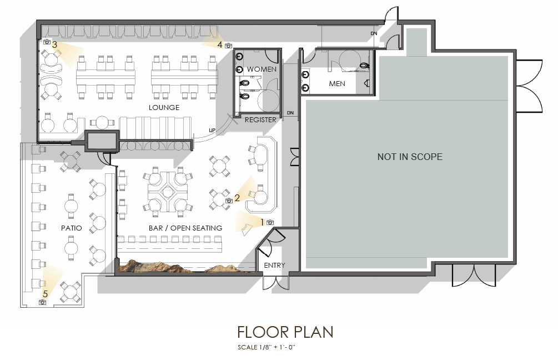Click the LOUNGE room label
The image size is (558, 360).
(x=164, y=107)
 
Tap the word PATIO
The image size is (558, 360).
(x=71, y=228)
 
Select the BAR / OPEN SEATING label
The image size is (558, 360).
(x=185, y=228)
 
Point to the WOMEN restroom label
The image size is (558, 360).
(x=262, y=69)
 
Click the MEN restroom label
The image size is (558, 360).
(x=337, y=84)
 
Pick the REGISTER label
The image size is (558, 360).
(x=260, y=120)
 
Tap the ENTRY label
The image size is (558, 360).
(x=274, y=266)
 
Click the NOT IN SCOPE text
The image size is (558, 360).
(x=410, y=157)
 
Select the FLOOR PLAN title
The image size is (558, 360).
(x=285, y=332)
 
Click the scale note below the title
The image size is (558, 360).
(x=267, y=347)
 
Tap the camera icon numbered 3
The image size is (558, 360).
(x=47, y=42)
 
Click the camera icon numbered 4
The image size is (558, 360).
(x=228, y=46)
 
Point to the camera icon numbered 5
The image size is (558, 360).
(x=42, y=302)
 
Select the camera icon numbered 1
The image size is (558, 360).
(x=270, y=223)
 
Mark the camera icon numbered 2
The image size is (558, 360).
(x=229, y=201)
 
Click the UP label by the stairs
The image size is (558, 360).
(x=212, y=131)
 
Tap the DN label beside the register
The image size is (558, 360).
(x=290, y=113)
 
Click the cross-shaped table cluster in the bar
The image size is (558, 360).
(x=167, y=192)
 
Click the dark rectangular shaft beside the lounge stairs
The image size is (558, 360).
(x=102, y=141)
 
